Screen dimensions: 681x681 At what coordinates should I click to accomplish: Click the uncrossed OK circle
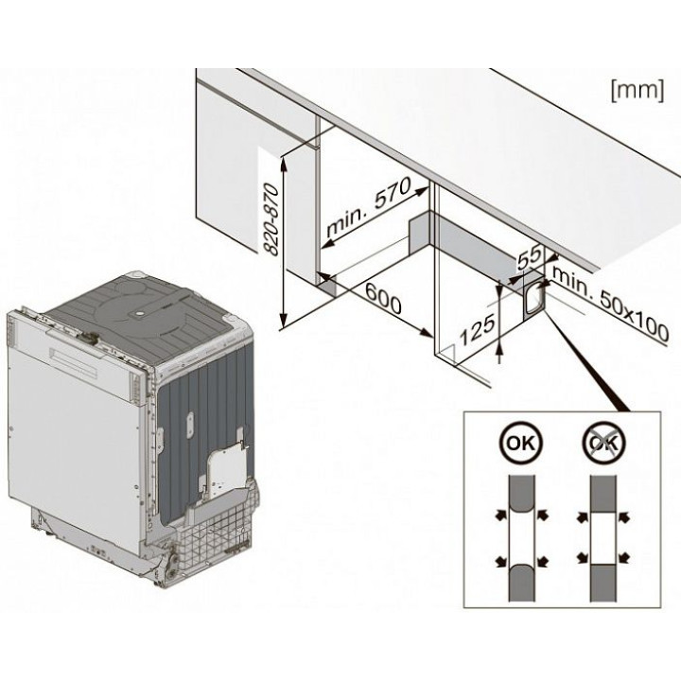click(515, 445)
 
